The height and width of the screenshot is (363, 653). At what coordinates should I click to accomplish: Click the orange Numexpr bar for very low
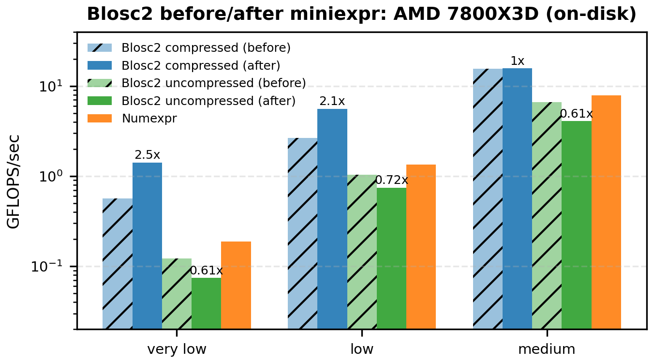tap(236, 285)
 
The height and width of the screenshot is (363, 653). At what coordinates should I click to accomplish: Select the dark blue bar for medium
tap(518, 198)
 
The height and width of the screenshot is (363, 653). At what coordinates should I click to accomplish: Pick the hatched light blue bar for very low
tap(118, 263)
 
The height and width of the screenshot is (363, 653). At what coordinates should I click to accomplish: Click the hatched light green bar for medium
tap(547, 215)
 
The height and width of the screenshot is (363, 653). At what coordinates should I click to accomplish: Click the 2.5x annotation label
tap(147, 155)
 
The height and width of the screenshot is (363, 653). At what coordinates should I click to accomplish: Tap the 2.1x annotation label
tap(332, 102)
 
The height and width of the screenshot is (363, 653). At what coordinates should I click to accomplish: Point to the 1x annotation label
tap(518, 61)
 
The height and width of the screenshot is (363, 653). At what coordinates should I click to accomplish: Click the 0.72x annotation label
tap(392, 181)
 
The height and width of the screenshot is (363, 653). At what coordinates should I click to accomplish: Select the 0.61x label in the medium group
tap(577, 114)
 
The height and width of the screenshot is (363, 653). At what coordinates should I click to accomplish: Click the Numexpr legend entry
tap(149, 119)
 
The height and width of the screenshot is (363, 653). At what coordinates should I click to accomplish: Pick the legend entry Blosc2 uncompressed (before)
tap(213, 83)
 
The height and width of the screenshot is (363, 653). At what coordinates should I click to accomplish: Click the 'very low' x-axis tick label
tap(177, 349)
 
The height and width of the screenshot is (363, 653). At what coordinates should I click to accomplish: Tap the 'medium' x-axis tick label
tap(547, 349)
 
